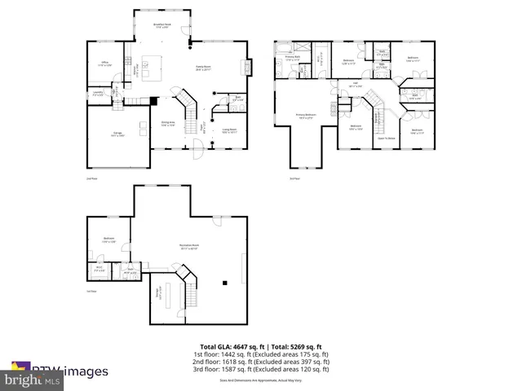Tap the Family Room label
[x=203, y=69]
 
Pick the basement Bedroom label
[x=108, y=241]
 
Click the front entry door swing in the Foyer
[x=194, y=149]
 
